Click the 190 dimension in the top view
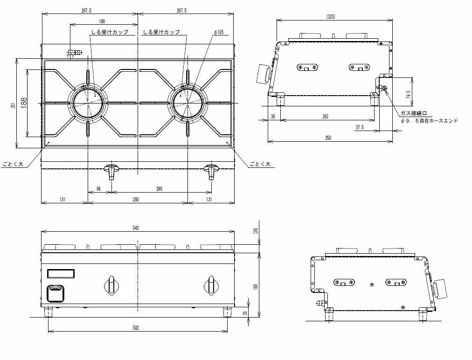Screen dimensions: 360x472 [x=102, y=21]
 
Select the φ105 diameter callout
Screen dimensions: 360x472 [x=219, y=32]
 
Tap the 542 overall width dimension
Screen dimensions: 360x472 [x=136, y=228]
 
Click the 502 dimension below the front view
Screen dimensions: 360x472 [x=136, y=328]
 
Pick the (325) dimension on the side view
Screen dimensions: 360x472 [x=331, y=17]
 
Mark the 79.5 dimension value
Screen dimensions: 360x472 [x=409, y=95]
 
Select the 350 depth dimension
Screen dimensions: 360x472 [x=328, y=138]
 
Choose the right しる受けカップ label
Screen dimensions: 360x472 [x=161, y=32]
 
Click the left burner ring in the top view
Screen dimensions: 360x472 [x=88, y=102]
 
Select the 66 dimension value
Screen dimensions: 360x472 [x=99, y=189]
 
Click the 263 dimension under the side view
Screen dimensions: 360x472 [x=325, y=117]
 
